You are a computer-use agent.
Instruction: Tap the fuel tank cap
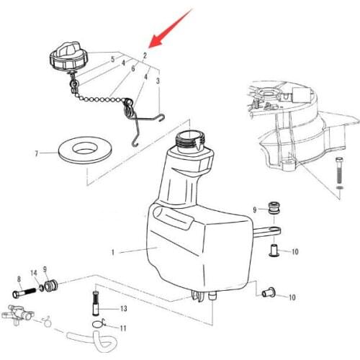(x=67, y=56)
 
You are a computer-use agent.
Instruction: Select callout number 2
(x=145, y=55)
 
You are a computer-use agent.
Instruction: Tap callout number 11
(x=123, y=328)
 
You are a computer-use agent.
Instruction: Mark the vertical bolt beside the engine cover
(x=338, y=173)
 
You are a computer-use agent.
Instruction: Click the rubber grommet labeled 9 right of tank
(x=274, y=208)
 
